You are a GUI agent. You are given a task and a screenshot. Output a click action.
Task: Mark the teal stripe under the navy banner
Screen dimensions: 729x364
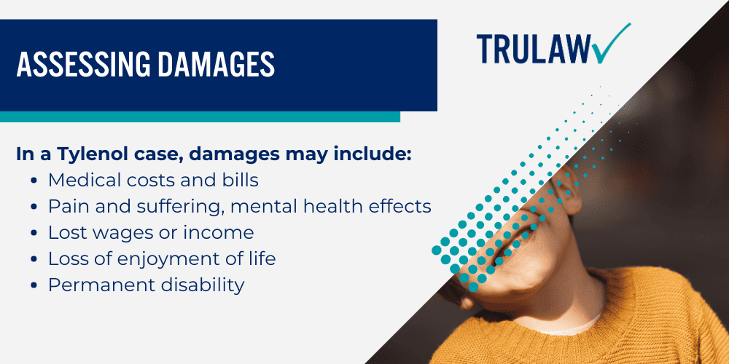pos(200,116)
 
